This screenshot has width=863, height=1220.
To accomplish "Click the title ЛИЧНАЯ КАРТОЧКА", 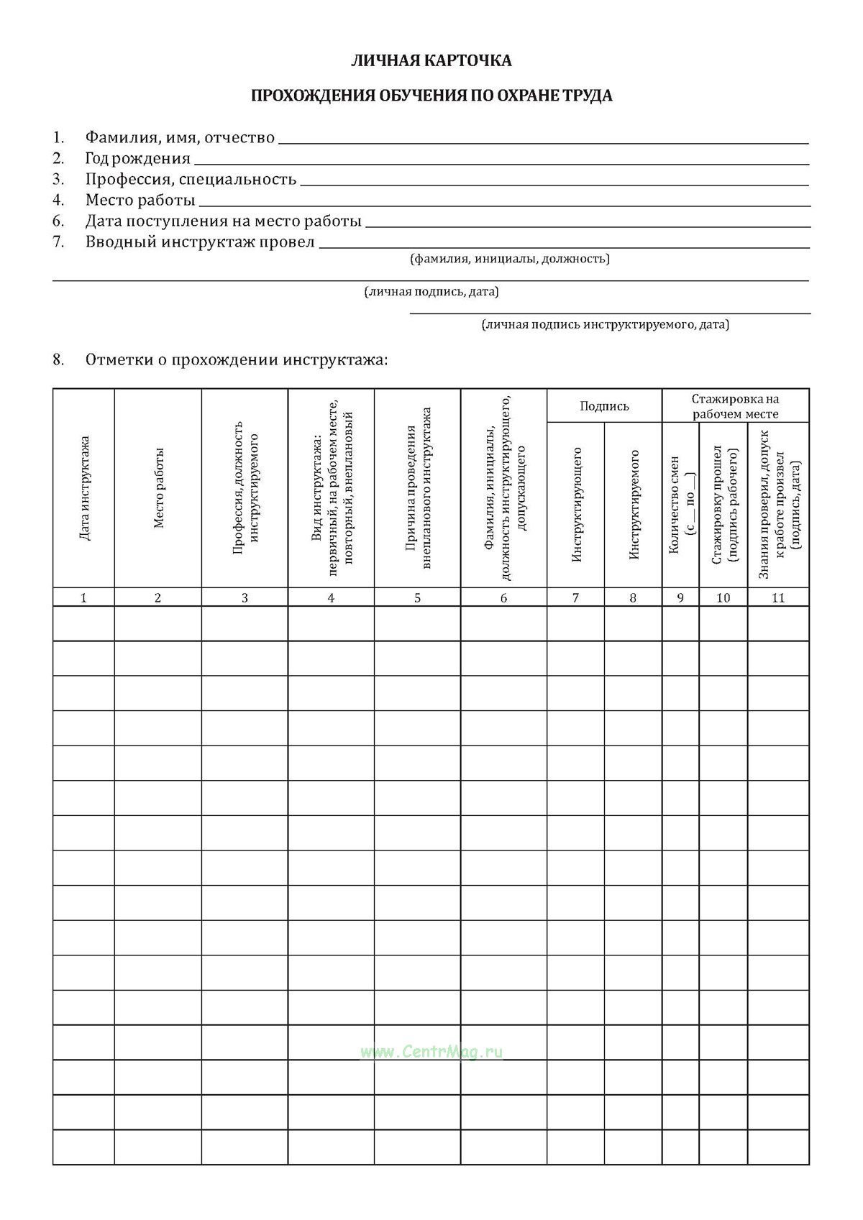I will tap(431, 61).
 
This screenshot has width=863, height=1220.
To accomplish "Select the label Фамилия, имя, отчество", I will tap(180, 137).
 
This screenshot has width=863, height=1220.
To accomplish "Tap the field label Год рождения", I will tap(137, 158).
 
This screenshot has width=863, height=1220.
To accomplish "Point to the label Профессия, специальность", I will tap(191, 179).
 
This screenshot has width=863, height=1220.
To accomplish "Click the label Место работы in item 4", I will tap(140, 200).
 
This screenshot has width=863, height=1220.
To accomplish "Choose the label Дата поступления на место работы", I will tap(223, 221).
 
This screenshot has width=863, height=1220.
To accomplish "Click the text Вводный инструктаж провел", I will tap(200, 242).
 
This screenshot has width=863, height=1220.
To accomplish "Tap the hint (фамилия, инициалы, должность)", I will tap(509, 259).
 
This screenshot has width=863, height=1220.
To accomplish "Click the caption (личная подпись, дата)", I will tap(431, 292).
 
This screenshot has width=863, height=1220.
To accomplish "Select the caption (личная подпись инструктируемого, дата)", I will tap(605, 325).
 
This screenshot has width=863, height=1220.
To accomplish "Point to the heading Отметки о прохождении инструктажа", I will tap(236, 359).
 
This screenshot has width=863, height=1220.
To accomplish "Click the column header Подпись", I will tap(604, 406).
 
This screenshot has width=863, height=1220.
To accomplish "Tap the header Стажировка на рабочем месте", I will tap(735, 406).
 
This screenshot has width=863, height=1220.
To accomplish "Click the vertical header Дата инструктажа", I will tap(84, 488).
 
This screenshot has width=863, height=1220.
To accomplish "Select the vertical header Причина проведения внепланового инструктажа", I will tap(418, 488).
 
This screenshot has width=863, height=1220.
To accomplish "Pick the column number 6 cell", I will tap(503, 597).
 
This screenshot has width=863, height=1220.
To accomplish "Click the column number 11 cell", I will tap(778, 597).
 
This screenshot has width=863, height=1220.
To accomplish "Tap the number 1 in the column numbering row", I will tap(83, 597).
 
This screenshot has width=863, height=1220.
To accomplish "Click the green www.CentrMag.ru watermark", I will tap(431, 1052).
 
